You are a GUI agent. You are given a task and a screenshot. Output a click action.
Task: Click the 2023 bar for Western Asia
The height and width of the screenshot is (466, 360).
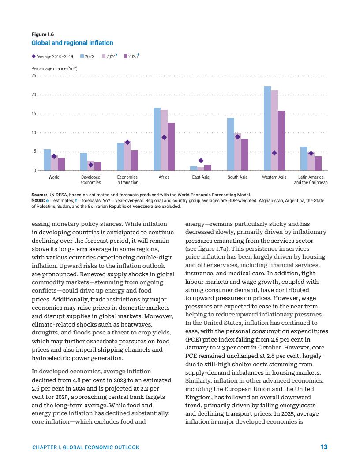[267, 128]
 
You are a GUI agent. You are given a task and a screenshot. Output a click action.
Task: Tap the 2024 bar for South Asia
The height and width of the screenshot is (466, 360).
[238, 152]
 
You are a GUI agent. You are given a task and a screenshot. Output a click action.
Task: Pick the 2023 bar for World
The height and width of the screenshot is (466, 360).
[47, 160]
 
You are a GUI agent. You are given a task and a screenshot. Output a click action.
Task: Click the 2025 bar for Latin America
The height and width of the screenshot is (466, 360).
[318, 163]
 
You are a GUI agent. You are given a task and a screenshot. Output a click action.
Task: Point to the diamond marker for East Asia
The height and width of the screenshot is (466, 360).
[201, 161]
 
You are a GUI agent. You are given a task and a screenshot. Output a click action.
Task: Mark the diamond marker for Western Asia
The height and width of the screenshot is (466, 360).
[274, 153]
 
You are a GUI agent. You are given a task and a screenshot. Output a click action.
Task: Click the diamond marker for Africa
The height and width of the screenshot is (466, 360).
[164, 137]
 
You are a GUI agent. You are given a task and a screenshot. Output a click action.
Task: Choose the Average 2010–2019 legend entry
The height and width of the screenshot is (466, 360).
[52, 56]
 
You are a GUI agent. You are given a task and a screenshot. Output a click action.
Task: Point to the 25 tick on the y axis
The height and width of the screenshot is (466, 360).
[34, 76]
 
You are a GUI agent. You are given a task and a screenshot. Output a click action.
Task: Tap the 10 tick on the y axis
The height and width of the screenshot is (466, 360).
[34, 133]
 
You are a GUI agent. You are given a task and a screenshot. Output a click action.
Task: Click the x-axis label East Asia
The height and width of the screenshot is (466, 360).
[201, 177]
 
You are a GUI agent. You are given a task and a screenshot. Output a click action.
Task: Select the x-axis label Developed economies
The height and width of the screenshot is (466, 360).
[91, 180]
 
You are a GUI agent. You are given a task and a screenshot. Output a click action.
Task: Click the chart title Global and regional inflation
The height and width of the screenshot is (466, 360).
[72, 43]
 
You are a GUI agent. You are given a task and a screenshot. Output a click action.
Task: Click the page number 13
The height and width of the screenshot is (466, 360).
[324, 447]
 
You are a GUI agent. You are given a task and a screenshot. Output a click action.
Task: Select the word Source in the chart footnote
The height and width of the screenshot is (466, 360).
[39, 195]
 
